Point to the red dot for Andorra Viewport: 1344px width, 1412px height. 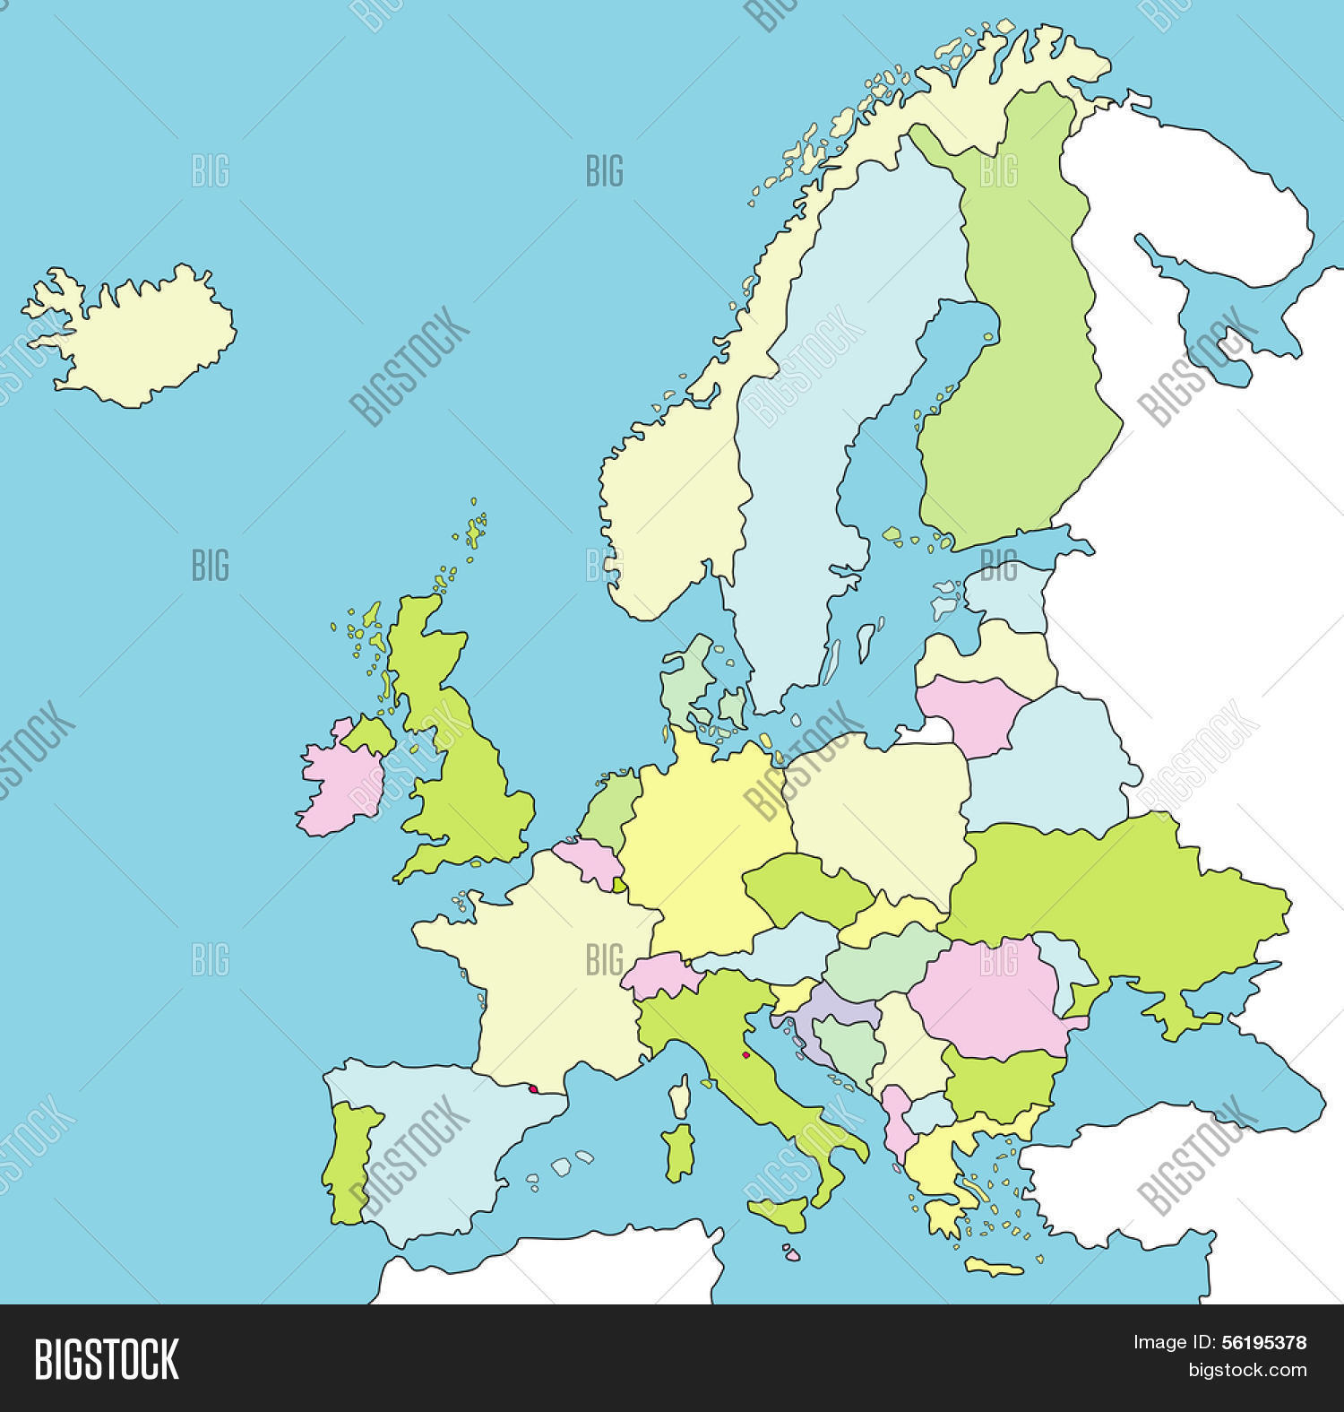pos(533,1089)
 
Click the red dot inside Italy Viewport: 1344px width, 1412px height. pos(745,1055)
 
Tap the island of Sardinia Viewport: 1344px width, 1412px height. pos(680,1153)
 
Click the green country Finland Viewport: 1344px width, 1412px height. pos(1021,359)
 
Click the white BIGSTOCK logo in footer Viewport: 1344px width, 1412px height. pos(107,1359)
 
